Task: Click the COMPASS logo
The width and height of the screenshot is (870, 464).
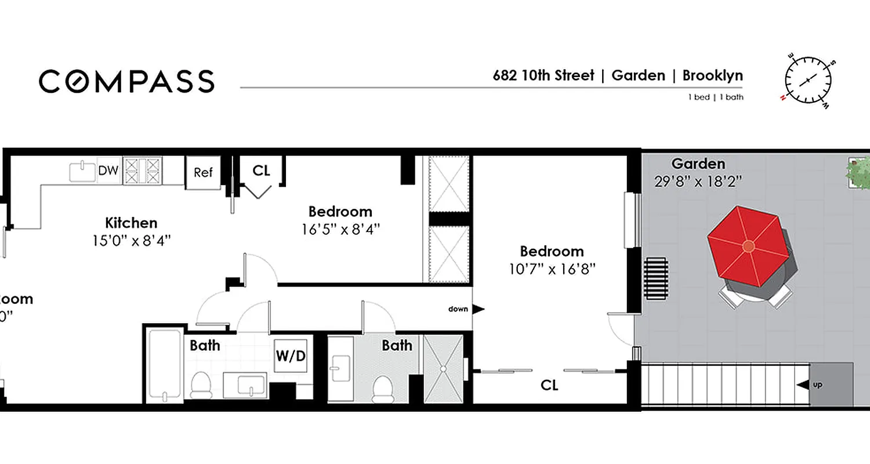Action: click(126, 81)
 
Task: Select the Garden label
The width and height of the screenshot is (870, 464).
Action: click(698, 164)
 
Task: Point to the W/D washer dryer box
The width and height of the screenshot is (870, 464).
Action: click(290, 356)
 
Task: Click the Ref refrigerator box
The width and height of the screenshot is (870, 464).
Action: click(203, 172)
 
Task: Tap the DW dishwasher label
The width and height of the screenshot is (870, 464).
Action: click(108, 171)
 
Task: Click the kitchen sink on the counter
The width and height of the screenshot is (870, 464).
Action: click(82, 172)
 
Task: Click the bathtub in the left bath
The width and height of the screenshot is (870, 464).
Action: click(164, 366)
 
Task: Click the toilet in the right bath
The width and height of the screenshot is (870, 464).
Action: click(383, 389)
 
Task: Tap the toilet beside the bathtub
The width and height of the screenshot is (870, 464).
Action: click(201, 385)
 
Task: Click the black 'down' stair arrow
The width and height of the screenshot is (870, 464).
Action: click(478, 309)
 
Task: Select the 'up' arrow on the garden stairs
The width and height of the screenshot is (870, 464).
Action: click(803, 385)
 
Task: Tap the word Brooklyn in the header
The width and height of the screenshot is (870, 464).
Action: click(712, 75)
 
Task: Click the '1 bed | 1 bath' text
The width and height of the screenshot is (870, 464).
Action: click(716, 97)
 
